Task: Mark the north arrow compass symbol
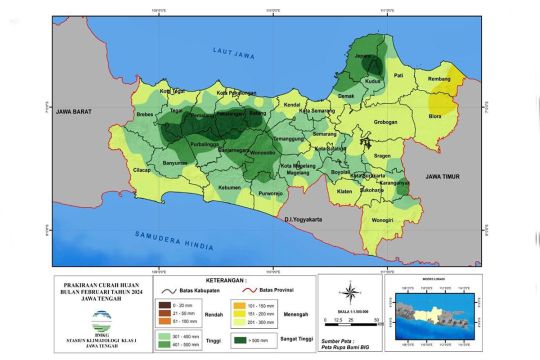pyautogui.click(x=350, y=293)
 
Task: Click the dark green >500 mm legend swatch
pyautogui.click(x=253, y=339)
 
